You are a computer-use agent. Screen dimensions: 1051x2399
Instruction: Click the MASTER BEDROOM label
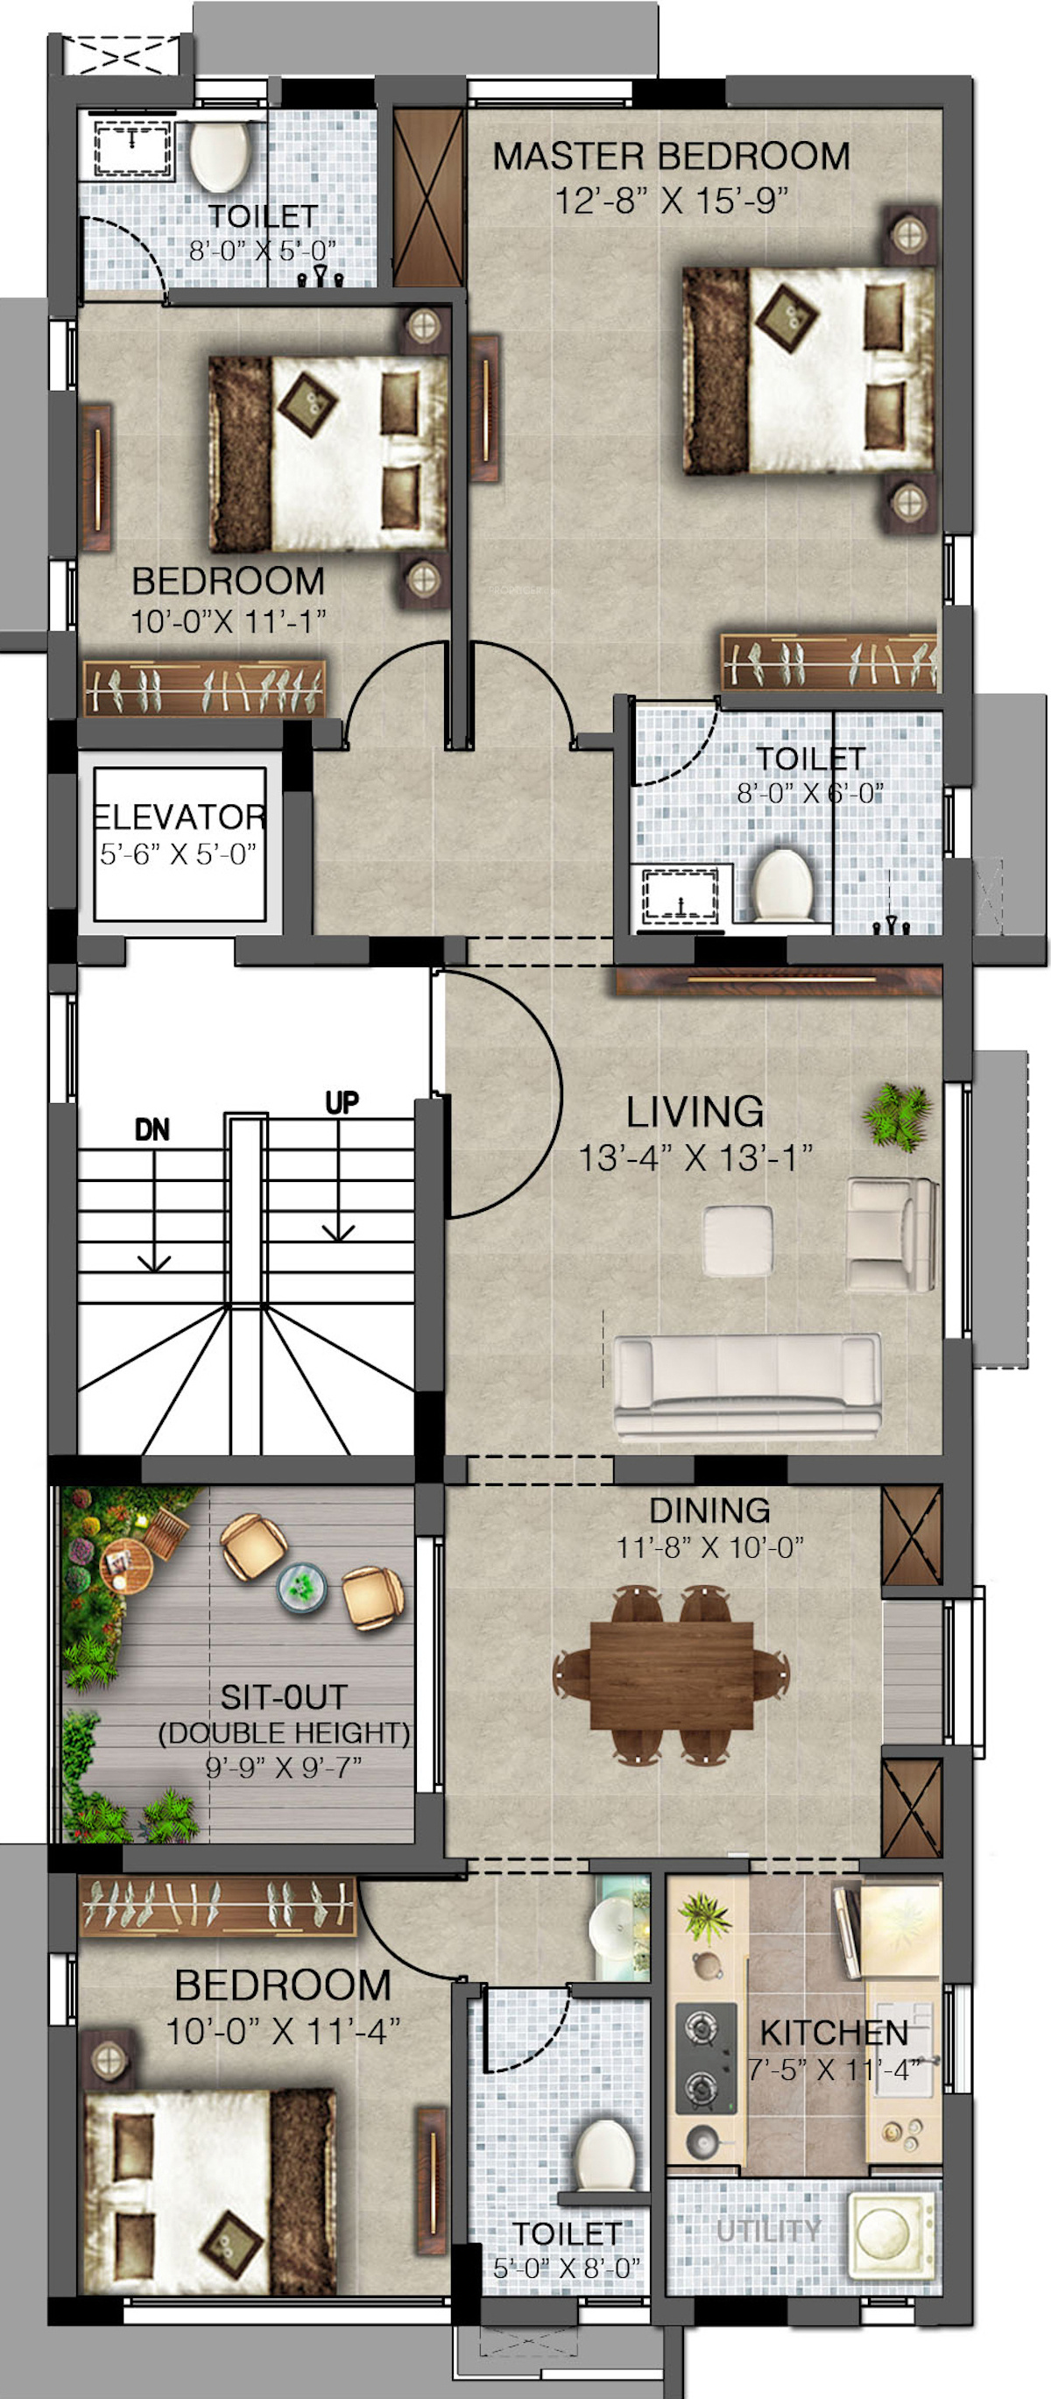[670, 157]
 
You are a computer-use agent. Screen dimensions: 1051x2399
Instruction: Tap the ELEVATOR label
[180, 817]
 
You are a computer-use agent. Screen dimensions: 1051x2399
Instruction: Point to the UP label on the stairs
[342, 1101]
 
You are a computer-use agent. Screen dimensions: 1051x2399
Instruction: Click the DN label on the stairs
[152, 1129]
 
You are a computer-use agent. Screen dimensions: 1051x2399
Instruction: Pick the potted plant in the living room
[897, 1115]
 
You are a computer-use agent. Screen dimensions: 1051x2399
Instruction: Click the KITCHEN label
[834, 2032]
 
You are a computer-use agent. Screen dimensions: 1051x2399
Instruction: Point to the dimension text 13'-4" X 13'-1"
[695, 1157]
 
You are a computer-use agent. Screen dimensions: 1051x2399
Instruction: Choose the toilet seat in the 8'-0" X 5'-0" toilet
[220, 153]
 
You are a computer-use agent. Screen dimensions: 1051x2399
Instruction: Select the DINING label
[709, 1510]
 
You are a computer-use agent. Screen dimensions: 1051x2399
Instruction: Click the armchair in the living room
[891, 1234]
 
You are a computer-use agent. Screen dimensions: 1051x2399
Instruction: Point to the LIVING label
[695, 1112]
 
